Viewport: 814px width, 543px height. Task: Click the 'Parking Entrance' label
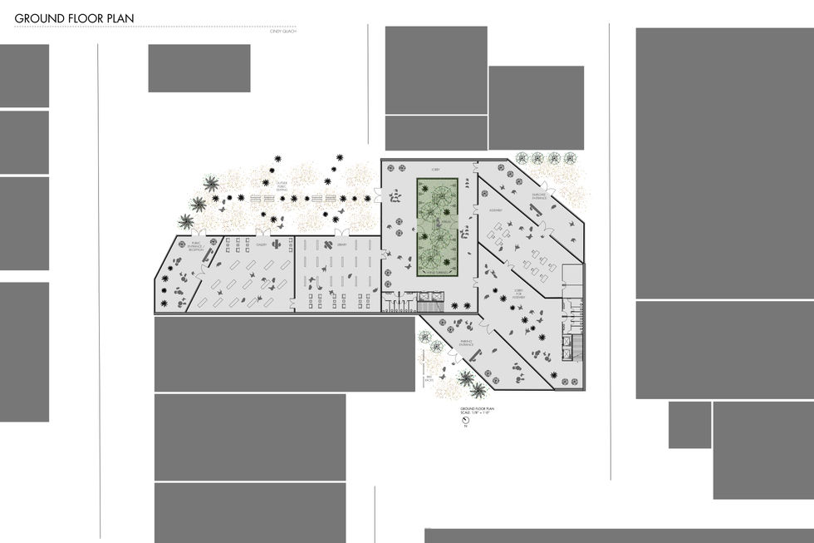coord(466,342)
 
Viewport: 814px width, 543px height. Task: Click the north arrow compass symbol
coord(466,421)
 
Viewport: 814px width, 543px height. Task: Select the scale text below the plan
coord(478,412)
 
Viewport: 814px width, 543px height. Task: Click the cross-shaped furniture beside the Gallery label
coord(272,246)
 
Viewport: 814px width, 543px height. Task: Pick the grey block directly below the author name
coord(199,68)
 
